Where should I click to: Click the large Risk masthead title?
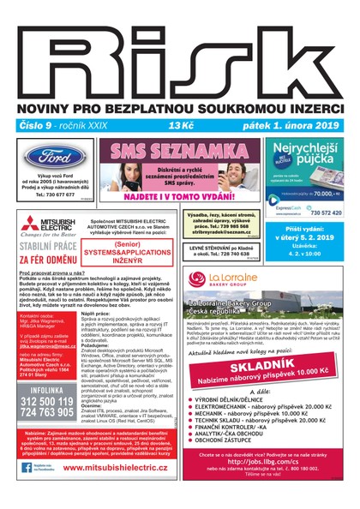pyautogui.click(x=180, y=60)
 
